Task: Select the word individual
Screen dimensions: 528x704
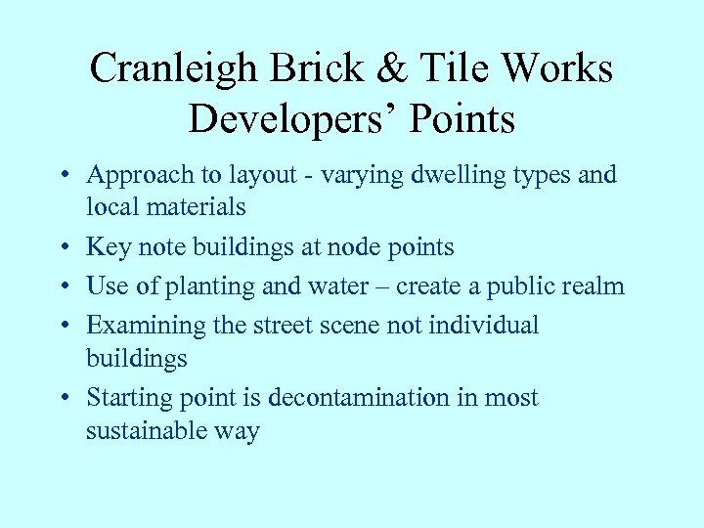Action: [482, 326]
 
